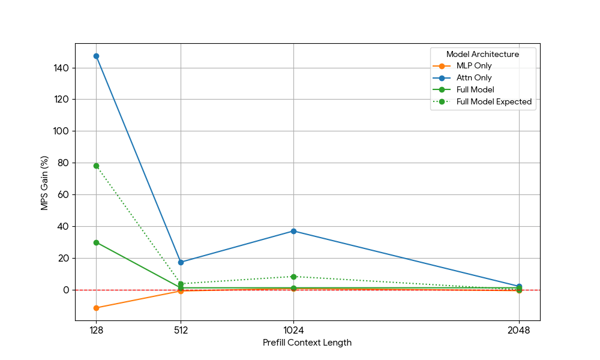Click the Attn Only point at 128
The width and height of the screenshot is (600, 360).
point(96,56)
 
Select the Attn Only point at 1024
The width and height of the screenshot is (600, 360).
point(293,231)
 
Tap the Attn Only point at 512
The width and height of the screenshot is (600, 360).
point(181,262)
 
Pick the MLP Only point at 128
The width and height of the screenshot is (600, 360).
point(96,308)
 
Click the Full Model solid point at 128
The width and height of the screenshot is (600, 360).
point(96,242)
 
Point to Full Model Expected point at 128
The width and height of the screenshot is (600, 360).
point(96,166)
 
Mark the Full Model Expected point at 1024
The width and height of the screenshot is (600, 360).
point(293,277)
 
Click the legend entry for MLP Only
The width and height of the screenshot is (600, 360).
point(474,66)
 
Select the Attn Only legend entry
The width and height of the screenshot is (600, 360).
point(474,78)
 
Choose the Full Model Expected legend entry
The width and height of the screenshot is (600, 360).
point(494,102)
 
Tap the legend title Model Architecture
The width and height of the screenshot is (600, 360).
point(482,54)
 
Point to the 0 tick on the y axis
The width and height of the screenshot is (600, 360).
point(65,290)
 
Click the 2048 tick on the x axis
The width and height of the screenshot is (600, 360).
point(519,329)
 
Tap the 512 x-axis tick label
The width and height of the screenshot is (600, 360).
point(181,329)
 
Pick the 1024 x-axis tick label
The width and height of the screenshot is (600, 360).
point(293,329)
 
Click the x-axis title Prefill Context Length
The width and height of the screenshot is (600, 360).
point(307,343)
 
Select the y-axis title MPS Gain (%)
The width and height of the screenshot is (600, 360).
point(44,183)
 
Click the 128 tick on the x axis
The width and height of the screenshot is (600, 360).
point(96,329)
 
